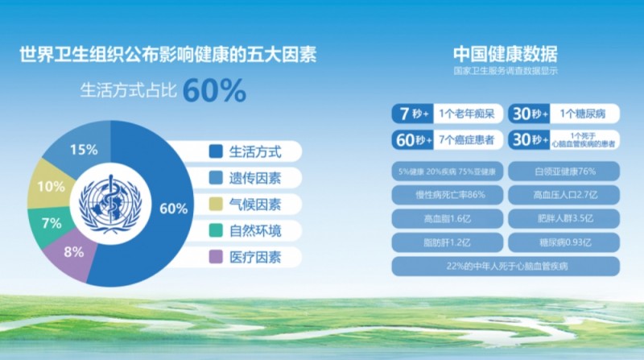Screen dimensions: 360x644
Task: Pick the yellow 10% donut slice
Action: click(51, 187)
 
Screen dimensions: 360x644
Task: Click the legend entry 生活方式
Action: click(254, 151)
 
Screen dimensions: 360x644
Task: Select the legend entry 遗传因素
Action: click(254, 177)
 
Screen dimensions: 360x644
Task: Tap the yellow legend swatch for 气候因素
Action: click(215, 205)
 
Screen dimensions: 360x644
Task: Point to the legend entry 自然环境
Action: click(254, 231)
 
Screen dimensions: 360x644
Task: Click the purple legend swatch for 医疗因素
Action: click(215, 258)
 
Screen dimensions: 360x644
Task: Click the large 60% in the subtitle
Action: click(213, 91)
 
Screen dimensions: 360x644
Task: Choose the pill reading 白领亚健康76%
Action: click(564, 172)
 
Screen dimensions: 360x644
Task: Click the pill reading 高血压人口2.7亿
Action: click(564, 195)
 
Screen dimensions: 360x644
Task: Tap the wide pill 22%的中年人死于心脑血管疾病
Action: click(506, 266)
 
